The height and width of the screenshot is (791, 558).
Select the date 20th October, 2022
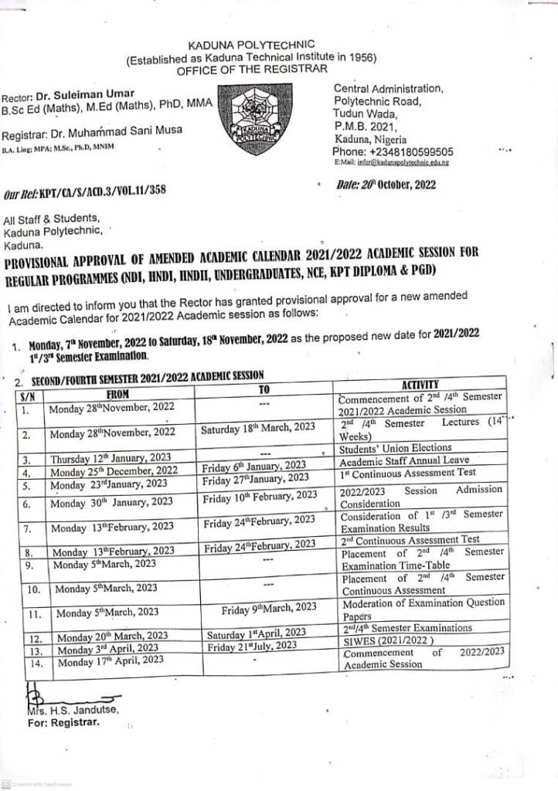pyautogui.click(x=398, y=185)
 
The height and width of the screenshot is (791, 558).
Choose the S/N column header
pyautogui.click(x=27, y=395)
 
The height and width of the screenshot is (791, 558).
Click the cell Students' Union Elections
pyautogui.click(x=395, y=448)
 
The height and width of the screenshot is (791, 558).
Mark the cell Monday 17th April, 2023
pyautogui.click(x=110, y=660)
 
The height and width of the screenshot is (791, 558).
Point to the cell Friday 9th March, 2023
pyautogui.click(x=268, y=608)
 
